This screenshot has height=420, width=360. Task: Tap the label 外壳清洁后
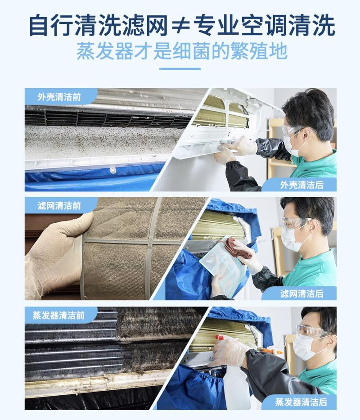301,185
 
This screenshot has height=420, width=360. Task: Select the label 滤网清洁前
59,206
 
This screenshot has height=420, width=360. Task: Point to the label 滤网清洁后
301,294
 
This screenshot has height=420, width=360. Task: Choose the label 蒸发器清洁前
58,315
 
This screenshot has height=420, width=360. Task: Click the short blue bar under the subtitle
180,69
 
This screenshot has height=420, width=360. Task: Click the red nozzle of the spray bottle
220,337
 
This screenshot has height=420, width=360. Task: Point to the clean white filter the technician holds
224,266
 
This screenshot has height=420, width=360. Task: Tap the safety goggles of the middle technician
295,224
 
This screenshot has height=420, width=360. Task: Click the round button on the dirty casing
112,171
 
